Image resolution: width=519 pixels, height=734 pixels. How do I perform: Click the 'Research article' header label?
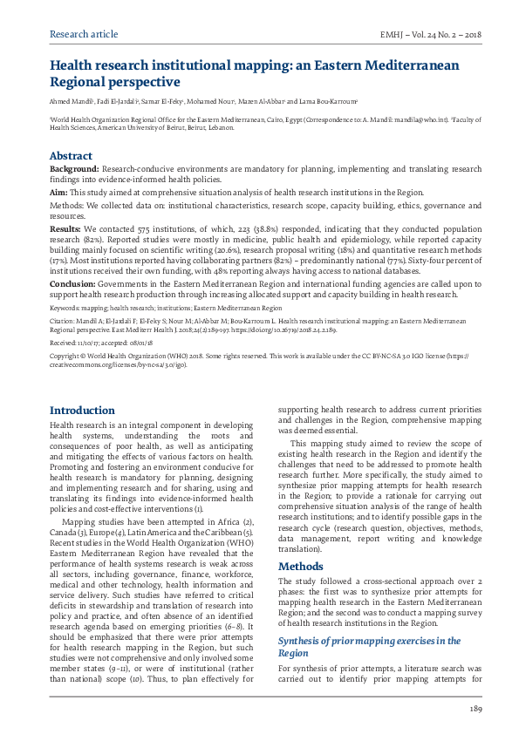point(84,34)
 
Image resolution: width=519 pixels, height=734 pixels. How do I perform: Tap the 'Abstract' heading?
point(71,156)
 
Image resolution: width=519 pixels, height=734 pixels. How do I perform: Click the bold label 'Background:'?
point(74,169)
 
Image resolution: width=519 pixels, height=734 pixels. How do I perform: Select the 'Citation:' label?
point(65,322)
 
